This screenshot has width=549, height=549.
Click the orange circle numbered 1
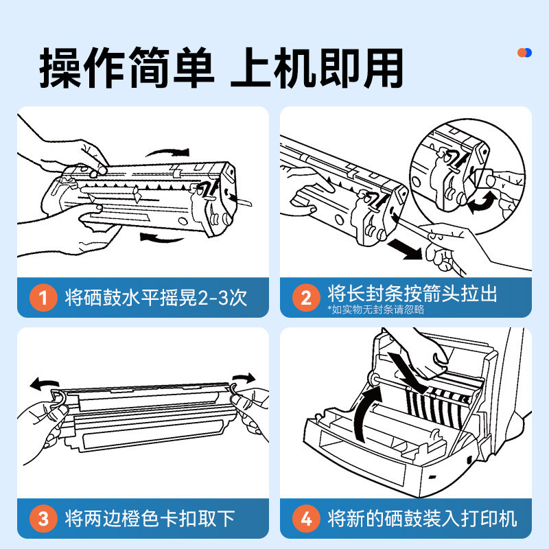[x=43, y=298]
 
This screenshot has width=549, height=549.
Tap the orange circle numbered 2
[x=306, y=298]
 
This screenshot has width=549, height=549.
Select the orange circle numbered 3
[x=43, y=519]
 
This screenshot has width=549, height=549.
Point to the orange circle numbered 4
[x=306, y=519]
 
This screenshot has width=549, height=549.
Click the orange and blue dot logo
[x=524, y=53]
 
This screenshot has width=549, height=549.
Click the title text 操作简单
[x=126, y=67]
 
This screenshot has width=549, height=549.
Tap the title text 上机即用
[x=317, y=67]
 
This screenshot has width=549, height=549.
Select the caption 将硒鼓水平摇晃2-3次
[x=156, y=298]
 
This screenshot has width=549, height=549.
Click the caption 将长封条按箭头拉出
[x=412, y=294]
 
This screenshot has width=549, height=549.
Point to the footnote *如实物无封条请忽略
[x=375, y=309]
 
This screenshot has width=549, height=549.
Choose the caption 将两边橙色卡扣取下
[x=150, y=519]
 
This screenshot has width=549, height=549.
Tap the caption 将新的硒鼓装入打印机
[x=422, y=519]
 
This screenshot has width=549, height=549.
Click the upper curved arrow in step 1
[x=168, y=152]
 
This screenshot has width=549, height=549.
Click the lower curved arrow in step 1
[x=162, y=238]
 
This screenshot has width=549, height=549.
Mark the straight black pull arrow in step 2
[x=405, y=248]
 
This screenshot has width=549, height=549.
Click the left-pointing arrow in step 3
[x=44, y=384]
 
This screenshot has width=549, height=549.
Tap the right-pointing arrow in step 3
[x=244, y=378]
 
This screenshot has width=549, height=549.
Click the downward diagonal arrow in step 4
[x=408, y=373]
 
